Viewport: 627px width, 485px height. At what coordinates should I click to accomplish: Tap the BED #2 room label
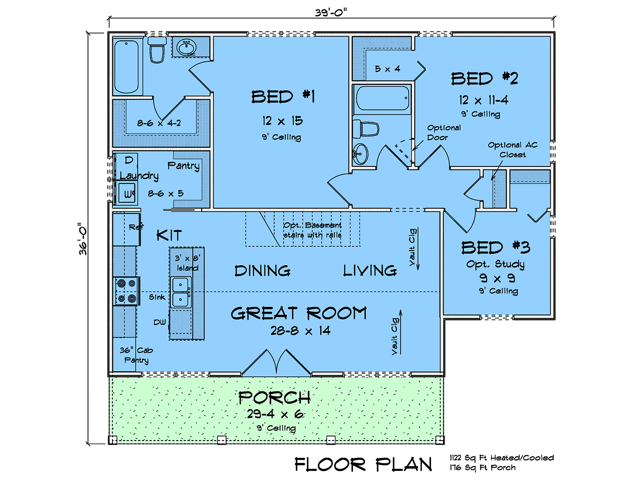[484, 78]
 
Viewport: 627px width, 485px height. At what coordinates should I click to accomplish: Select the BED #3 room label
[495, 247]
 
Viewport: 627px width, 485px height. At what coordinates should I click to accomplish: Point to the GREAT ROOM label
[299, 313]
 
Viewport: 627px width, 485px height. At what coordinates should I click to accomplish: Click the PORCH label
[274, 398]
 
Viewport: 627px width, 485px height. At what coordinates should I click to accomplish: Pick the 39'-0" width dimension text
[331, 13]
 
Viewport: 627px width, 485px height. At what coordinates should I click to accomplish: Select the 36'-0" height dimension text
[83, 238]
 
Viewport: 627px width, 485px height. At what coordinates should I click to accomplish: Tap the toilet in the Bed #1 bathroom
[157, 49]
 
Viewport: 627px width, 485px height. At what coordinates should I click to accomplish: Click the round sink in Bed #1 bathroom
[186, 47]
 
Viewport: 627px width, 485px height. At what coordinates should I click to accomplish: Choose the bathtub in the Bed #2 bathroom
[382, 98]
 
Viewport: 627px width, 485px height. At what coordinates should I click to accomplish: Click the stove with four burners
[126, 291]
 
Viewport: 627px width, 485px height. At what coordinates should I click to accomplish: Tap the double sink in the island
[181, 292]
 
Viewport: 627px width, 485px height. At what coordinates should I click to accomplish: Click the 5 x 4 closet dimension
[388, 69]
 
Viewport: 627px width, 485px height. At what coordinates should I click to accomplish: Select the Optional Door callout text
[444, 132]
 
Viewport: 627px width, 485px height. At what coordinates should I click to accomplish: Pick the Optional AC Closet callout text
[513, 150]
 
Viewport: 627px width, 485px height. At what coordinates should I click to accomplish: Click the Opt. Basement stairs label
[312, 230]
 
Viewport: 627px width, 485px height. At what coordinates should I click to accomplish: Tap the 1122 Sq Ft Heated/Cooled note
[502, 458]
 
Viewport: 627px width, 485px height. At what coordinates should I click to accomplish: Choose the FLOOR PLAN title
[363, 464]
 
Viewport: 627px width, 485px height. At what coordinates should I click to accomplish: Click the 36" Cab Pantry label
[136, 355]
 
